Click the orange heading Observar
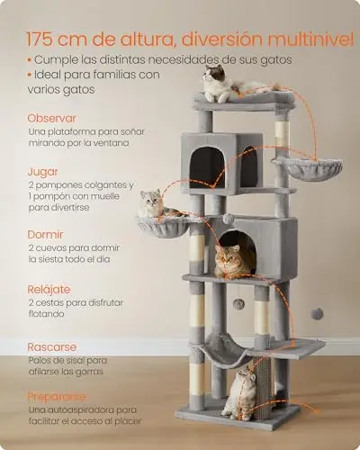[x=51, y=118]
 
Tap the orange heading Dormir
[x=45, y=234]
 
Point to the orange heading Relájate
[x=49, y=290]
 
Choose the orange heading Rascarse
[x=52, y=347]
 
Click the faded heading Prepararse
[x=57, y=397]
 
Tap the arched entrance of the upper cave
[x=207, y=167]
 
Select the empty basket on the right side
[x=308, y=168]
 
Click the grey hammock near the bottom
[x=220, y=350]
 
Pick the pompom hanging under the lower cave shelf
[x=239, y=304]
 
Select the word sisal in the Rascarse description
[x=76, y=360]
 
